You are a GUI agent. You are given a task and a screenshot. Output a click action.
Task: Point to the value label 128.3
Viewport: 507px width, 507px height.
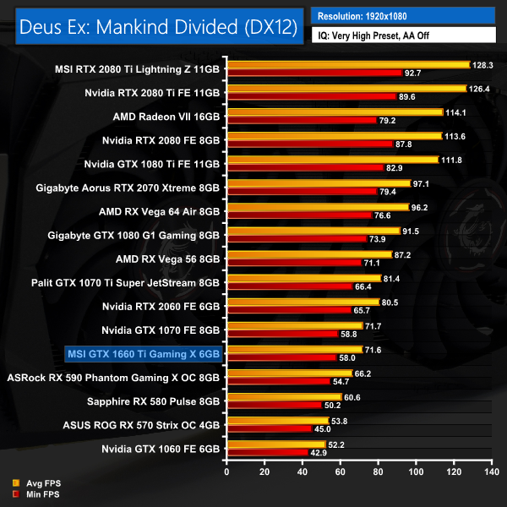(484, 64)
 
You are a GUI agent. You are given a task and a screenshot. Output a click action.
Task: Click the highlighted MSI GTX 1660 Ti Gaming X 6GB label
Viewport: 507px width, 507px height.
(142, 353)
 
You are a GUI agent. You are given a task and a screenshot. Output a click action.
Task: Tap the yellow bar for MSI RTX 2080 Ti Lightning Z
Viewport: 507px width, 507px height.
(347, 64)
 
